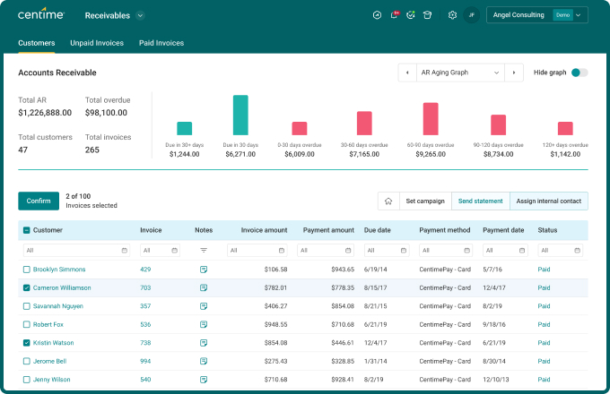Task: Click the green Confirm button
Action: tap(39, 201)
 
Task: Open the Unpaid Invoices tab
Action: tap(97, 43)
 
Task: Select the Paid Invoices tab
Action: tap(161, 43)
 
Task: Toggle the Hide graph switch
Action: tap(579, 73)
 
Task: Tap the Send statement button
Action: tap(480, 201)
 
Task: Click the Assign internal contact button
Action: tap(548, 201)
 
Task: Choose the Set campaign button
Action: tap(424, 201)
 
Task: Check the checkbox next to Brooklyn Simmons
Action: tap(26, 270)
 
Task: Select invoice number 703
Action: tap(145, 287)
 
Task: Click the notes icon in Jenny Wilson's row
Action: tap(204, 380)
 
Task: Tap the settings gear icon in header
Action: tap(452, 15)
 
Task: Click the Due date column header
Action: tap(379, 230)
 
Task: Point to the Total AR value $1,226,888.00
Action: tap(45, 113)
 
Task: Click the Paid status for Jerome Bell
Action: tap(545, 361)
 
